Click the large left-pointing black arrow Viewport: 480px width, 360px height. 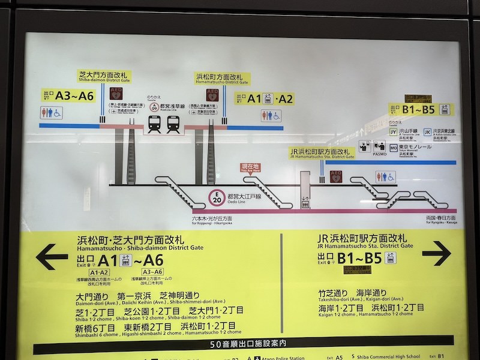(52, 257)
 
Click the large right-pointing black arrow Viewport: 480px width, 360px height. (436, 253)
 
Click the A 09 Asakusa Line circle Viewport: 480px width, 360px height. (154, 107)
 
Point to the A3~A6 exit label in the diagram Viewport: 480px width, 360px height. (68, 95)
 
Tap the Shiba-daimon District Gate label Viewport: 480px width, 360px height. (104, 77)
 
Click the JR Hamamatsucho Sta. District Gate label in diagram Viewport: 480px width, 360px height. (322, 153)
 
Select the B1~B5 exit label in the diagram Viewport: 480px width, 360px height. (418, 109)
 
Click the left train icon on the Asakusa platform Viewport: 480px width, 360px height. (154, 124)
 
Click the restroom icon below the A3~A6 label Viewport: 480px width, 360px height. (50, 113)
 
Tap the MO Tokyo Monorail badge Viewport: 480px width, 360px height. (394, 146)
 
